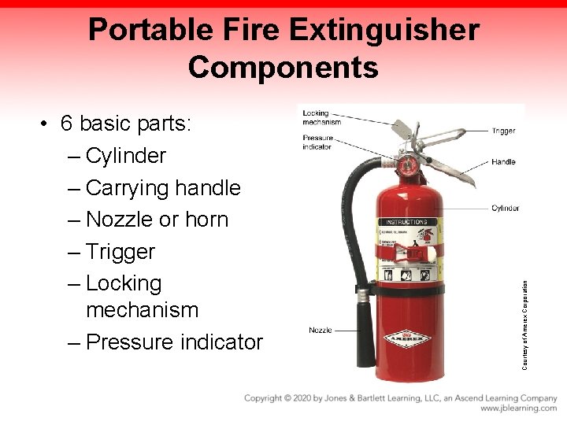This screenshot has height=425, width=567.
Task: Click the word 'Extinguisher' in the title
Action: point(384,31)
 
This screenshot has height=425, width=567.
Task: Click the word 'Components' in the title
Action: point(283,68)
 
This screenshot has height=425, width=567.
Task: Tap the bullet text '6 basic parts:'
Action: point(130,124)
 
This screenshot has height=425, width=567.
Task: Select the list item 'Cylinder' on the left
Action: point(126,156)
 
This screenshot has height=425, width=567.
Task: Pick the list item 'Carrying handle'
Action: point(163,188)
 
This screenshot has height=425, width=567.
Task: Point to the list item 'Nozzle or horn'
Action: point(157,220)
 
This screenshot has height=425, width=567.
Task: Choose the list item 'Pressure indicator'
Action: point(174,342)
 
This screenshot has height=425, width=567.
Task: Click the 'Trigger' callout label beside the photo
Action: point(503,131)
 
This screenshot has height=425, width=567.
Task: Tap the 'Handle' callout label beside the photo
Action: point(503,162)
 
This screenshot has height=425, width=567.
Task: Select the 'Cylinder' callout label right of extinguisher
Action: point(505,209)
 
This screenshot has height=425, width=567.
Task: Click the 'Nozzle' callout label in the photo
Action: point(321,330)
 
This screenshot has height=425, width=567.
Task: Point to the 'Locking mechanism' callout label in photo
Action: point(321,117)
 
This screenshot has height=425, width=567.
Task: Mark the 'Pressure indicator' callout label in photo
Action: point(317,142)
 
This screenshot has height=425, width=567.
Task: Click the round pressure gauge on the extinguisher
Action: point(408,165)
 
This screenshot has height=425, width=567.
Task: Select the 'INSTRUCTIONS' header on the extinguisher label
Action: point(406,222)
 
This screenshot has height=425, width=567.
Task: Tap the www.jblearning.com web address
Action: point(518,408)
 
